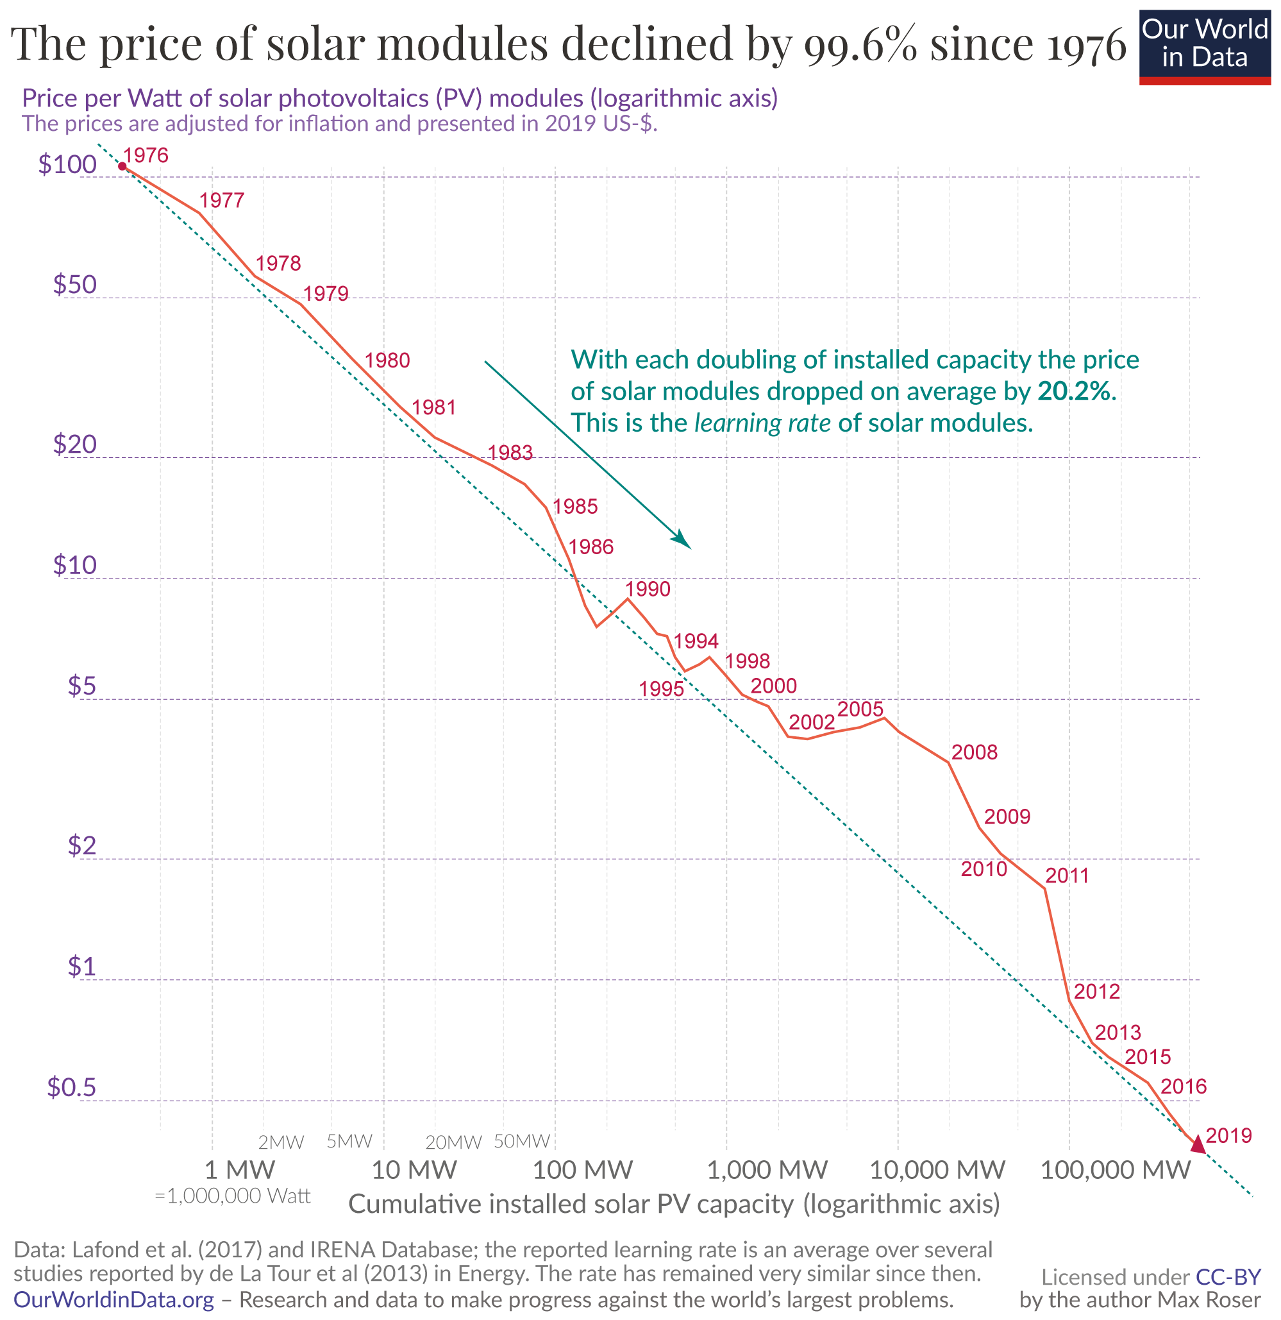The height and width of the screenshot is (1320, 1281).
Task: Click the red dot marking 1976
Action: pos(122,166)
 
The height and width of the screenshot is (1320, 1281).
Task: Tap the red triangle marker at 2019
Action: pos(1198,1144)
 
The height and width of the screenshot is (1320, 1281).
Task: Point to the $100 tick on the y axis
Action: pos(67,165)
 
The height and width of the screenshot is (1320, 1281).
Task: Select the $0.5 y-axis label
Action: pos(71,1088)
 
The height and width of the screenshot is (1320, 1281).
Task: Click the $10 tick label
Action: pos(75,565)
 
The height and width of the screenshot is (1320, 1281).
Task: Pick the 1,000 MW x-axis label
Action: pos(767,1170)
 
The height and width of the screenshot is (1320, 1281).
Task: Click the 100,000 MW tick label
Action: pos(1116,1170)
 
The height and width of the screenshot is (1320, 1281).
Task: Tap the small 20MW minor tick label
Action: pos(453,1142)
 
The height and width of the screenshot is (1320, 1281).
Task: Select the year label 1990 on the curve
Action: pos(648,589)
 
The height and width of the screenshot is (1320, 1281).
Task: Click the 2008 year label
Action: pos(974,752)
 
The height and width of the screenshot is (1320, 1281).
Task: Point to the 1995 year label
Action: pos(661,689)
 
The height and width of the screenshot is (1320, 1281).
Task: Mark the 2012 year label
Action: pos(1096,992)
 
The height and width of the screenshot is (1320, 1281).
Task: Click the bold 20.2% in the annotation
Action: pos(1076,391)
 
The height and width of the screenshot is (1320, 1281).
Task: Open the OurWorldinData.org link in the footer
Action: pos(113,1299)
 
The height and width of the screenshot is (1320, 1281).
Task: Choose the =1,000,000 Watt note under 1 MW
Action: pos(232,1196)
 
